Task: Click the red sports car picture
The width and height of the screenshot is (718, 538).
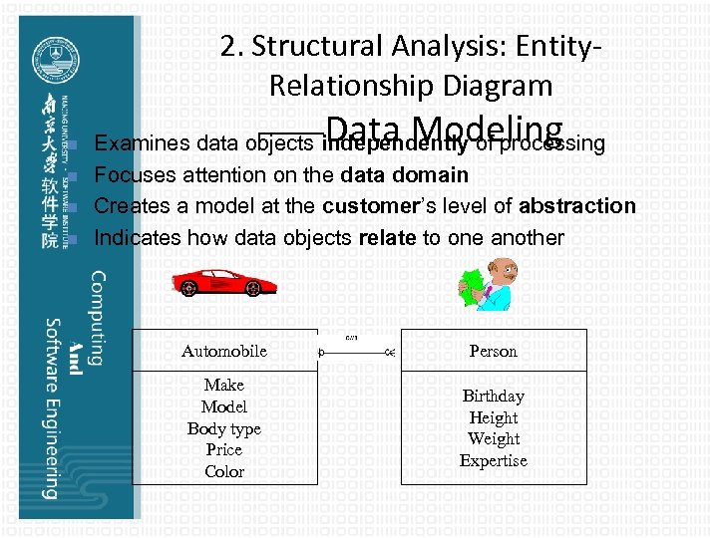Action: (224, 281)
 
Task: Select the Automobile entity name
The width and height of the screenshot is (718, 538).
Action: (224, 351)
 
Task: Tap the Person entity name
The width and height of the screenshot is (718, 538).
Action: (493, 351)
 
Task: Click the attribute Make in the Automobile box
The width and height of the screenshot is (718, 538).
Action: (224, 385)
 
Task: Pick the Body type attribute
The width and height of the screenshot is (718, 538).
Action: (224, 428)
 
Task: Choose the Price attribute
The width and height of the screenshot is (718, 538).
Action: (224, 450)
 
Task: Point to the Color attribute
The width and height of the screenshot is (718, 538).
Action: (224, 472)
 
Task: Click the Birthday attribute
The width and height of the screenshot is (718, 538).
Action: (493, 396)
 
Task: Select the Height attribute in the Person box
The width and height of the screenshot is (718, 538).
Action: (493, 417)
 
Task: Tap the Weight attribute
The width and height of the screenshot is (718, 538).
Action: (493, 439)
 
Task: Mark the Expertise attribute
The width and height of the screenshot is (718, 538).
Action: (493, 461)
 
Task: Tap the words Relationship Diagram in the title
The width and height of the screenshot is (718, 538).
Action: (410, 86)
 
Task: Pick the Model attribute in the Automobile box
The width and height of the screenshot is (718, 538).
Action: (224, 406)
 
